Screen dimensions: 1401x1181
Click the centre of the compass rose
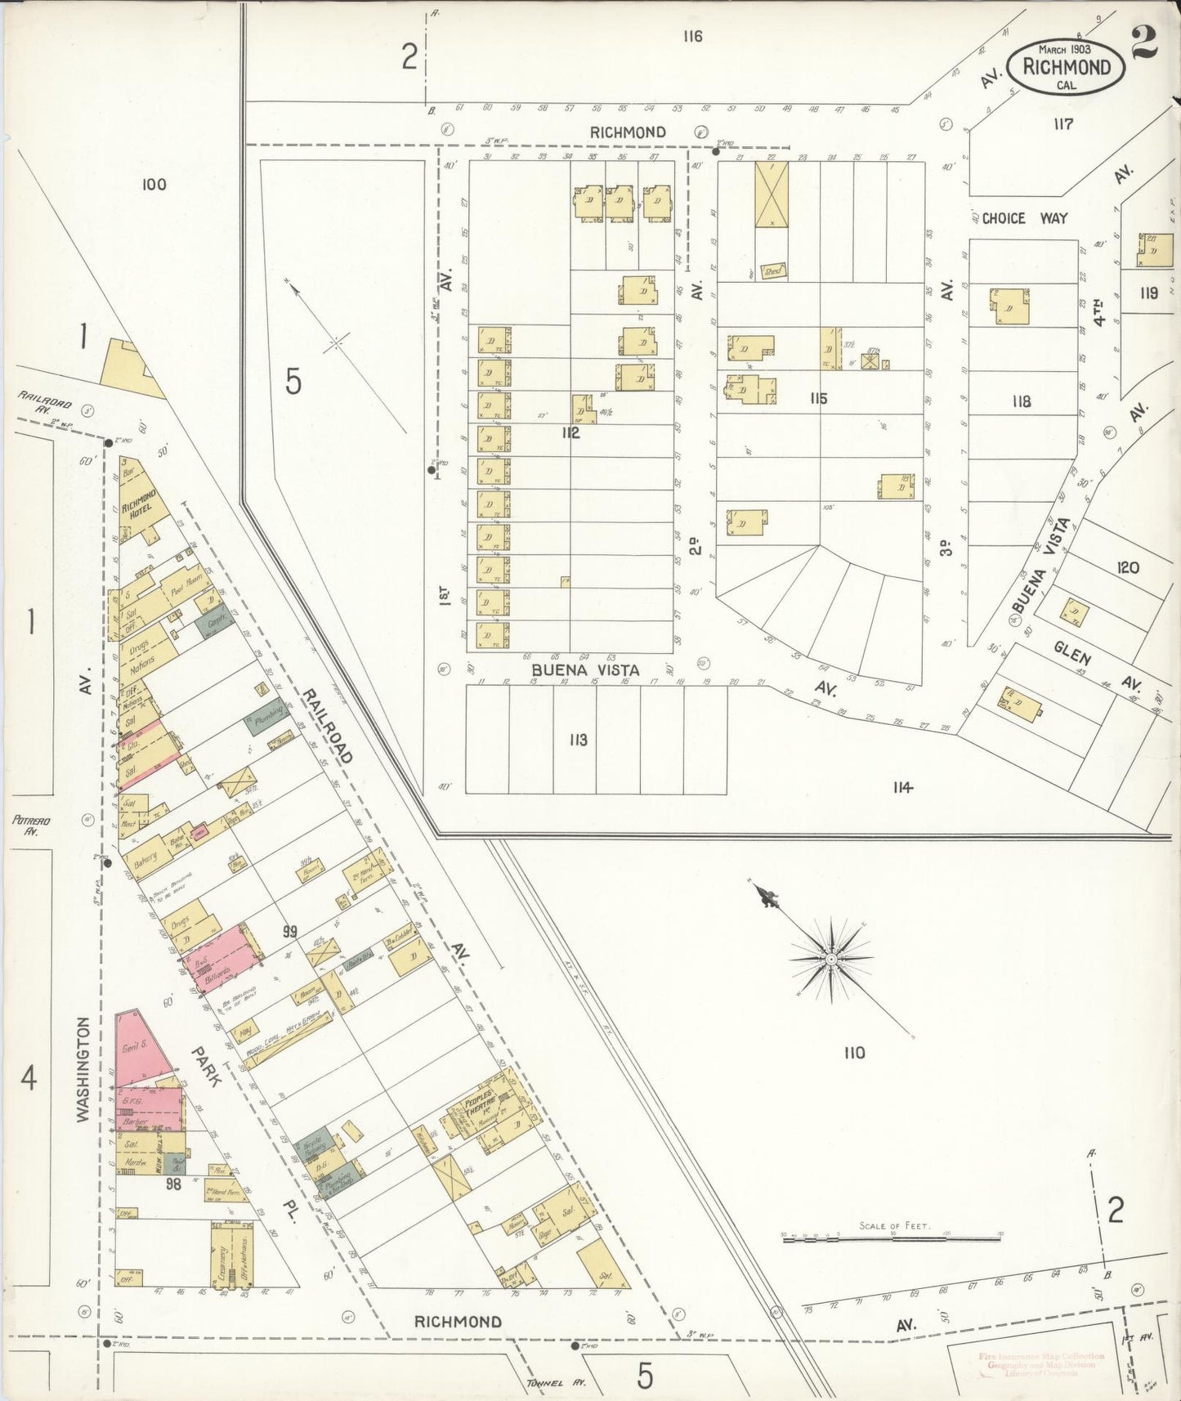(x=831, y=958)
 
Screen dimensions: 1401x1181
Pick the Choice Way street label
(x=1025, y=218)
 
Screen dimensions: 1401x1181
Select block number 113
(x=578, y=740)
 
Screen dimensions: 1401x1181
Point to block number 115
(x=818, y=398)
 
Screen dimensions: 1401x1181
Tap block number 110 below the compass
(x=854, y=1053)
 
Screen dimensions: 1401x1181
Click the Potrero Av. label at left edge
(x=26, y=825)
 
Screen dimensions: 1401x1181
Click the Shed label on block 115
(x=772, y=271)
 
